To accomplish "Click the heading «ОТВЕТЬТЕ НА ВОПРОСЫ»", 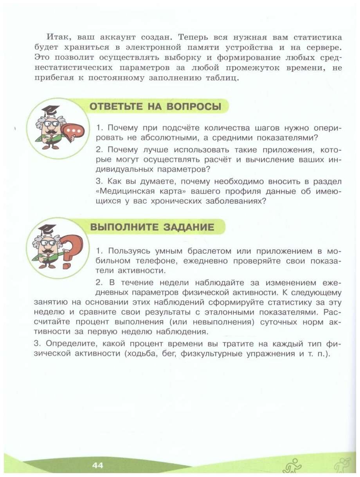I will pyautogui.click(x=155, y=106).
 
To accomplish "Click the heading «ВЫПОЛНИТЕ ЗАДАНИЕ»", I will pyautogui.click(x=152, y=227).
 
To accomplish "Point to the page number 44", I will pyautogui.click(x=97, y=465).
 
